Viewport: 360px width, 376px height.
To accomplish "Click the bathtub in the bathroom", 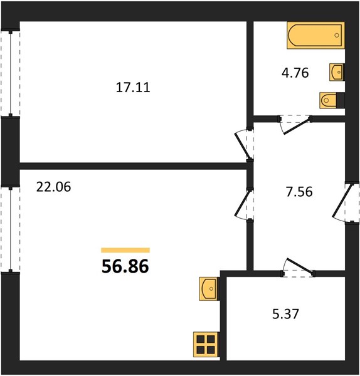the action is pos(316,36).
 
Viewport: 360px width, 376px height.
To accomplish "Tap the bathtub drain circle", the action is pos(337,35).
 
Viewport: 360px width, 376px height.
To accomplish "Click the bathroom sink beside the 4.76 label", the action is pos(337,72).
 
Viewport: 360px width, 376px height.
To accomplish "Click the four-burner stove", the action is pos(206,344).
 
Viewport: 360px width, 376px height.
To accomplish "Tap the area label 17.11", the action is pos(133,87).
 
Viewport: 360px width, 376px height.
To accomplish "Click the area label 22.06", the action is pos(53,187).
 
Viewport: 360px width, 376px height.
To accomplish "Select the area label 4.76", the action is pos(295,73).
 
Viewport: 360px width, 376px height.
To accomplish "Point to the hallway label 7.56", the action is pos(299,192).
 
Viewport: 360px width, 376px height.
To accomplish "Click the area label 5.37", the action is pos(285,314).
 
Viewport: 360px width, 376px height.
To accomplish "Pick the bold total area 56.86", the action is pos(125,266).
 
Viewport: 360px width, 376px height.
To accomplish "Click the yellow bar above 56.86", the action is pos(125,250).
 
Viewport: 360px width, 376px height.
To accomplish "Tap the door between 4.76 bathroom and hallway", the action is pos(295,124).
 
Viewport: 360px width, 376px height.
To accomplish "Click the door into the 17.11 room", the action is pos(245,144).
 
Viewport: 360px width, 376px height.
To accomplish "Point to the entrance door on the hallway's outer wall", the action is pos(346,202).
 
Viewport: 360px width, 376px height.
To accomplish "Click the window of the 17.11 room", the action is pos(10,73).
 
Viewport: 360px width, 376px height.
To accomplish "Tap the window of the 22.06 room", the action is pos(10,229).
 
